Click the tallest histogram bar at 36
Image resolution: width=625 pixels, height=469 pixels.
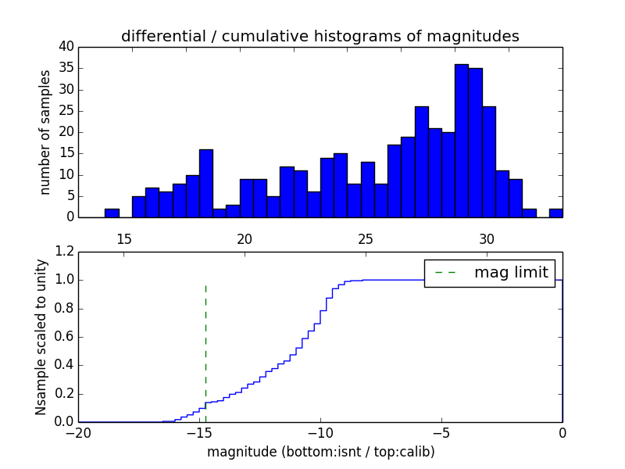[462, 141]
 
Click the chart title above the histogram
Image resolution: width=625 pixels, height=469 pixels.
[320, 36]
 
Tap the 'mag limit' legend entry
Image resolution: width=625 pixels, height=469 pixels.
[489, 272]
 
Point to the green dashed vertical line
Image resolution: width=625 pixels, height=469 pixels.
[205, 344]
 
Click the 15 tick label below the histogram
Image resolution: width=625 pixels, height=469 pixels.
[124, 239]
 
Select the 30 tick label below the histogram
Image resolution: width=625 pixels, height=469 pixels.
[487, 239]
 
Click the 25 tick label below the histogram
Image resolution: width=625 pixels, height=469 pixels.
[366, 239]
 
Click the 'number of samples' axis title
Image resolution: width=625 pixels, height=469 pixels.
[45, 131]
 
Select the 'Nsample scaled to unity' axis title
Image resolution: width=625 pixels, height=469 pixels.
[41, 336]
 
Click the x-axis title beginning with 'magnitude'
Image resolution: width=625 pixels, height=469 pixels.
[321, 452]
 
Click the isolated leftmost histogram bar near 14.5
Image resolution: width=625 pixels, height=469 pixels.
[112, 213]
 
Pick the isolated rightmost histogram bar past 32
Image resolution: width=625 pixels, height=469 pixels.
[555, 213]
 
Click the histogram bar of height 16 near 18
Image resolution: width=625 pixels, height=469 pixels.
[206, 183]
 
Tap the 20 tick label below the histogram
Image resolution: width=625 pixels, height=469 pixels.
[245, 239]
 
